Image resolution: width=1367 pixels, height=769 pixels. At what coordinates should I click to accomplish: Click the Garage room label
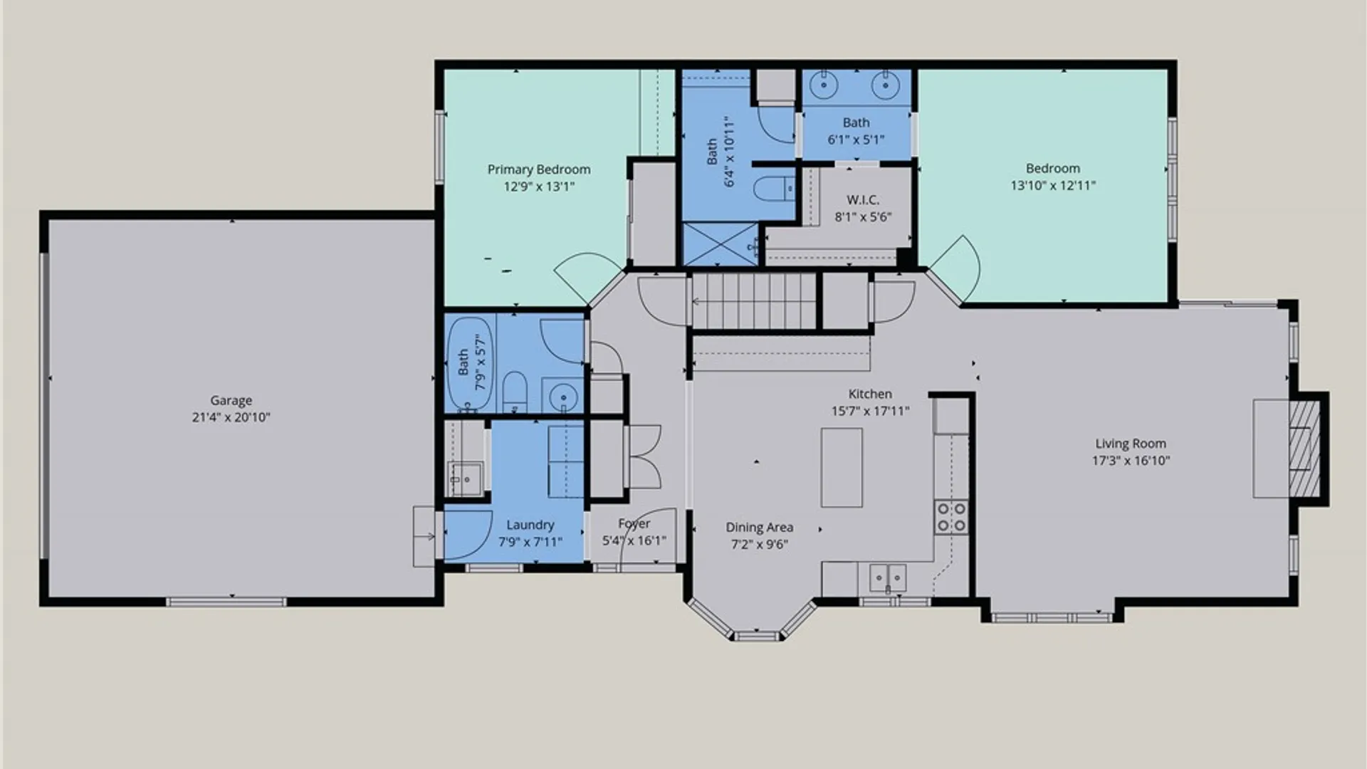tap(231, 400)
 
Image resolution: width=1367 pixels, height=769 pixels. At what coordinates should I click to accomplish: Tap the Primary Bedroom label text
tap(539, 169)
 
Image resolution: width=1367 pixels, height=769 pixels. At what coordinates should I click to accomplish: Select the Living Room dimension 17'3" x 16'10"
tap(1131, 461)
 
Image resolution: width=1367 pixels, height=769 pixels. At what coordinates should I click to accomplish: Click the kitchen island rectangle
tap(842, 467)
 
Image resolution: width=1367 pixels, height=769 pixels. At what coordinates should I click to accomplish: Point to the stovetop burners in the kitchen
tap(951, 517)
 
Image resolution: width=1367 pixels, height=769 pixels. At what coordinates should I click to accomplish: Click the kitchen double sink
tap(888, 577)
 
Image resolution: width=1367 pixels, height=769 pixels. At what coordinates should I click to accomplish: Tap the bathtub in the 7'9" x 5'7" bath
tap(469, 364)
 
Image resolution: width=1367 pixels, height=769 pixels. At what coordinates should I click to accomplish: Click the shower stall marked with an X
tap(721, 244)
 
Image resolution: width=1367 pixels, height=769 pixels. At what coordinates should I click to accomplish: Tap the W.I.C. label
tap(863, 200)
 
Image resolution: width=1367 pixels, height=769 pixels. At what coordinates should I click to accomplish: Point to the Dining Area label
tap(759, 528)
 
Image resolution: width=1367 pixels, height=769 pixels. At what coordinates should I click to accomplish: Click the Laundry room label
tap(530, 525)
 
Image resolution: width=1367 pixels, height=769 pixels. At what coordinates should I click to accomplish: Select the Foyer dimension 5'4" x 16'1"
tap(634, 541)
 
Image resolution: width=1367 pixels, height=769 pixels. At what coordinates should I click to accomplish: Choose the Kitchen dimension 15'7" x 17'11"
tap(870, 412)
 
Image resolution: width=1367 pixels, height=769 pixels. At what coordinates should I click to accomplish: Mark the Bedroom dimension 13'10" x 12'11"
tap(1053, 186)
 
